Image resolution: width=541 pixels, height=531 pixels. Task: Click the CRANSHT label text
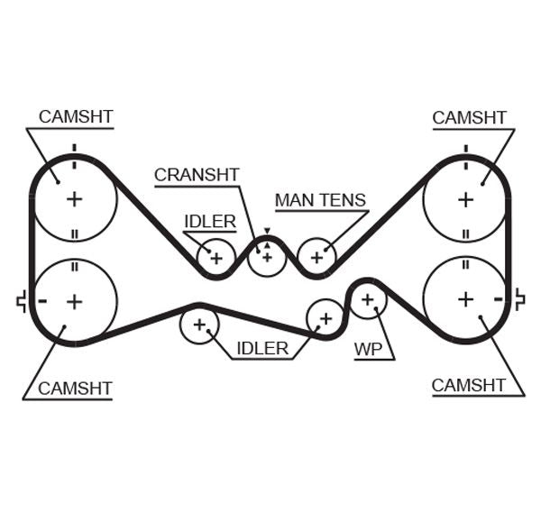point(196,175)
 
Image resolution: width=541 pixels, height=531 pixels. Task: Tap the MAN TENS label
point(320,200)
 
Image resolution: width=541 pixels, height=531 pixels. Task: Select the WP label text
point(369,349)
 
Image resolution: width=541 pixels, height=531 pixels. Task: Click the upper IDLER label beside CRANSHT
point(210,221)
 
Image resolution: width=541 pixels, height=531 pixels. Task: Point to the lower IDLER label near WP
point(262,348)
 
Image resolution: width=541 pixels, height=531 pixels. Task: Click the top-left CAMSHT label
point(76,117)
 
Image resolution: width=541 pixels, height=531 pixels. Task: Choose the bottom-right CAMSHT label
point(469,385)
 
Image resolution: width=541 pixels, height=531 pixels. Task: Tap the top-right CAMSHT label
point(470,117)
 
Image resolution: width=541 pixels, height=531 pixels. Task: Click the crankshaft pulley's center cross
point(267,256)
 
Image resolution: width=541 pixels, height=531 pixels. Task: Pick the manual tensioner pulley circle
point(316,257)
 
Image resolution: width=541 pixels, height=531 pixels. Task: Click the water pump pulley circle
point(367,299)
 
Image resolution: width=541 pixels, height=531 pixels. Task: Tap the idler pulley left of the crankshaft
point(216,258)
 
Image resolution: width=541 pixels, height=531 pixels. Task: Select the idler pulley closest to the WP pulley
point(325,317)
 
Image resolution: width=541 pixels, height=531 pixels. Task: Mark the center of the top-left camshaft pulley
point(74,198)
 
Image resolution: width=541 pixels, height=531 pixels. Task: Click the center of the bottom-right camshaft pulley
point(465,298)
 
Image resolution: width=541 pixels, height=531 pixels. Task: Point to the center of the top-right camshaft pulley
point(465,198)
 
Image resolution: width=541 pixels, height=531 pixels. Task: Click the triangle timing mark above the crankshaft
point(267,232)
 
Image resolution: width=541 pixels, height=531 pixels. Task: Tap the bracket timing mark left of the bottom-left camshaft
point(21,301)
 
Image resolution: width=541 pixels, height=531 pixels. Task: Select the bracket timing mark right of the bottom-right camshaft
point(519,299)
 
